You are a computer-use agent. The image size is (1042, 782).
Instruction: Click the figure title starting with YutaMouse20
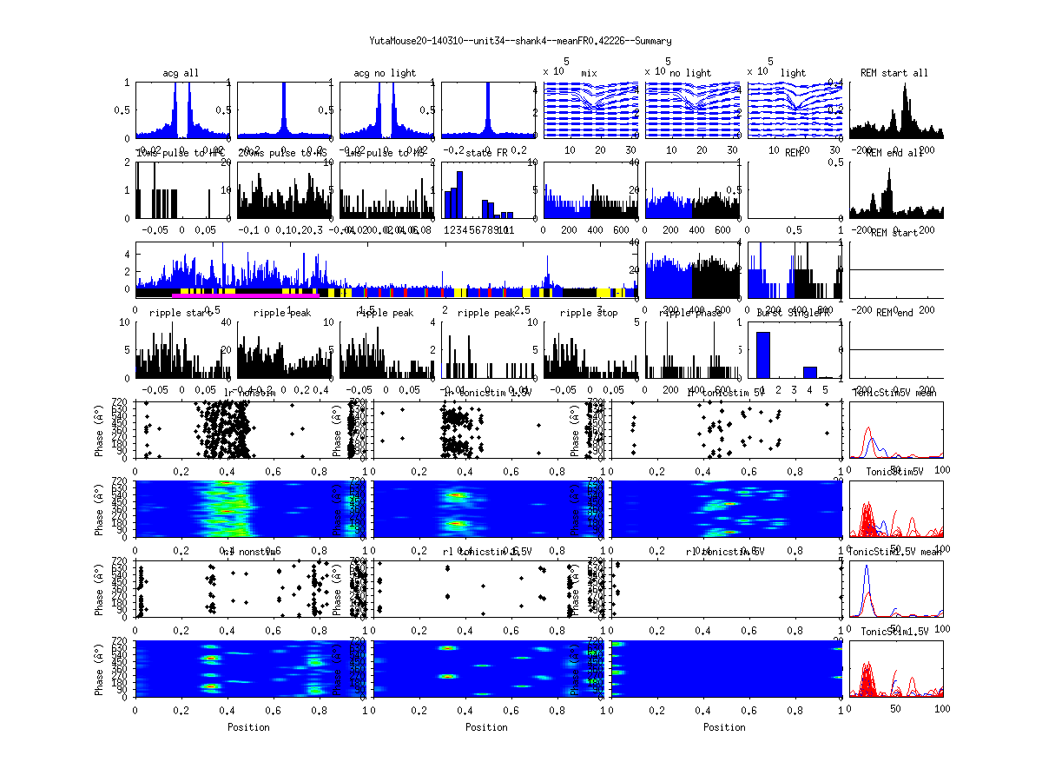520,41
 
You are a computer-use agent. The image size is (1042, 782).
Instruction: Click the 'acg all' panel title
181,73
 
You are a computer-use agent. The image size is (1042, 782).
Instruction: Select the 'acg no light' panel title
385,73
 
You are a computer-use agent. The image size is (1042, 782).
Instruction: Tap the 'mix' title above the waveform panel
590,73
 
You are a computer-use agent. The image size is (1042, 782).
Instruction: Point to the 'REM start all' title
894,73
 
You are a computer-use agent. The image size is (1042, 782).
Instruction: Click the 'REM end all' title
894,153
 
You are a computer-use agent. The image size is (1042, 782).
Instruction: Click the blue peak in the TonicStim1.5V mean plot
867,567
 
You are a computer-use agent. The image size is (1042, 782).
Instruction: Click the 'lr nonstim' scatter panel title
249,393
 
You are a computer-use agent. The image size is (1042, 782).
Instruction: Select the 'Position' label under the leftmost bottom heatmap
248,727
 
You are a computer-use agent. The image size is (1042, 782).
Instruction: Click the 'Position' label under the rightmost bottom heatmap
725,727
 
